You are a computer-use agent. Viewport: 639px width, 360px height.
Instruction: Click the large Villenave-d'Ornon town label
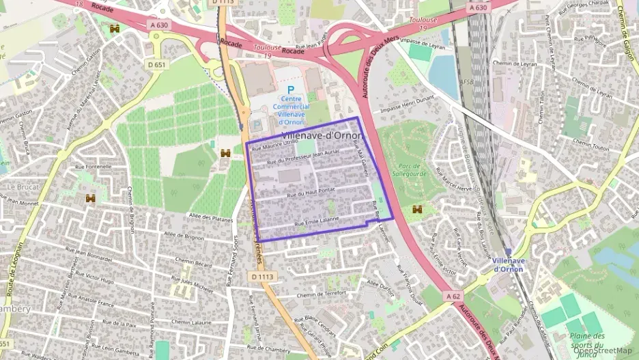tap(322, 135)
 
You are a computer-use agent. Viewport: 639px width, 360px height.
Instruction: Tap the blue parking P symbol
tap(291, 89)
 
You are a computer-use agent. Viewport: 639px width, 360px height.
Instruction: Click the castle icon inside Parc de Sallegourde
tap(418, 209)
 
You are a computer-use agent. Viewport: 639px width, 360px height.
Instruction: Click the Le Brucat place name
tap(22, 186)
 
